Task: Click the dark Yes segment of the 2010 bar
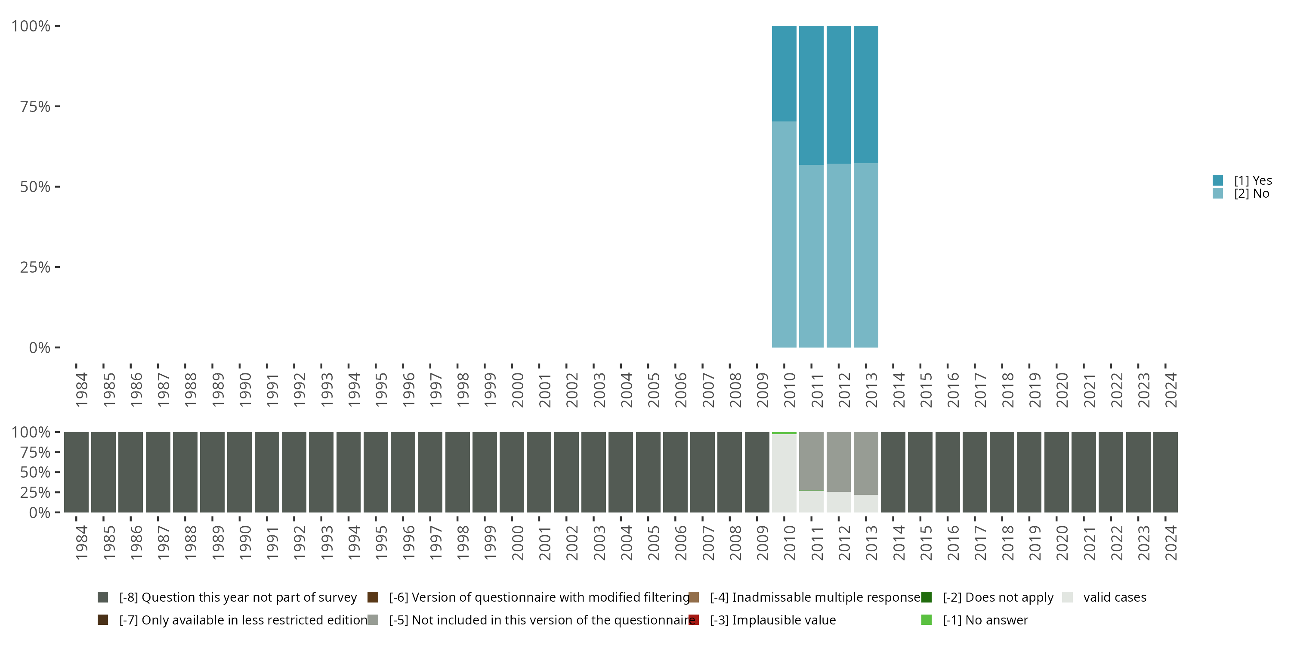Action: pyautogui.click(x=784, y=73)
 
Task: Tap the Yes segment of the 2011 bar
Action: pyautogui.click(x=811, y=95)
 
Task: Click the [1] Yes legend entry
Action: pyautogui.click(x=1252, y=180)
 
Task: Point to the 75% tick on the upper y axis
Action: pyautogui.click(x=35, y=106)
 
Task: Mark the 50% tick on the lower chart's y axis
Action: pyautogui.click(x=35, y=472)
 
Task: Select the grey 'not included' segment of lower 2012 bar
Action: pyautogui.click(x=838, y=461)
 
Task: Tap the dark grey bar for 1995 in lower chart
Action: pyautogui.click(x=376, y=472)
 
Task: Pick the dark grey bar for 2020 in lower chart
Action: pyautogui.click(x=1056, y=472)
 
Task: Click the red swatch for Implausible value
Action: pyautogui.click(x=694, y=620)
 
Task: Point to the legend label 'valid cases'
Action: pyautogui.click(x=1115, y=597)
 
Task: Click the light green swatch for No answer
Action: pyautogui.click(x=926, y=620)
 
